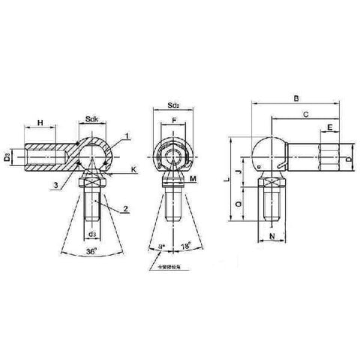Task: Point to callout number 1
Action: tap(128, 136)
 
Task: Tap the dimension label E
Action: tap(331, 128)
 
